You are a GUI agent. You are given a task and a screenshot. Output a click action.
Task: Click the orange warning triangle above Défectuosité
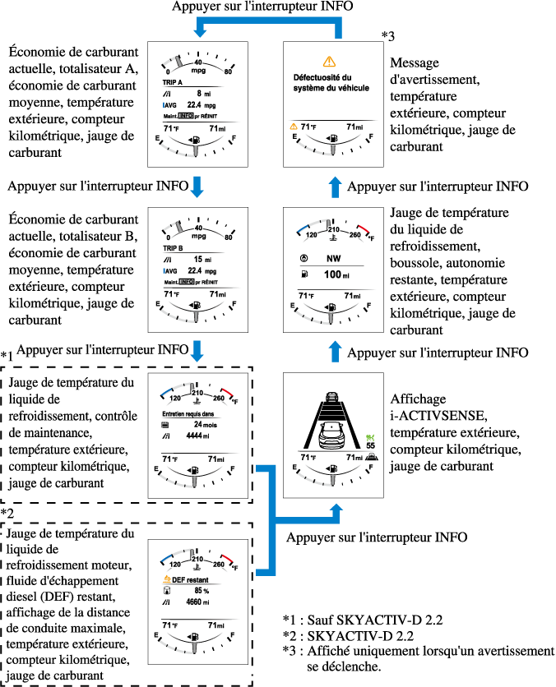(x=330, y=61)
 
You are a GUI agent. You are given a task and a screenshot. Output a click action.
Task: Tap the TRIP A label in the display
(x=174, y=83)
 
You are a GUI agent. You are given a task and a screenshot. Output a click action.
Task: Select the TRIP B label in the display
(x=174, y=247)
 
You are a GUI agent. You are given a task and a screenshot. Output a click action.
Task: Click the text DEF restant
(x=188, y=578)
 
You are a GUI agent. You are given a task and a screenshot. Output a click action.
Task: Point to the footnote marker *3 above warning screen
(x=388, y=35)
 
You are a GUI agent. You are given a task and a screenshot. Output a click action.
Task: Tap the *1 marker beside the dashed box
(x=7, y=357)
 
